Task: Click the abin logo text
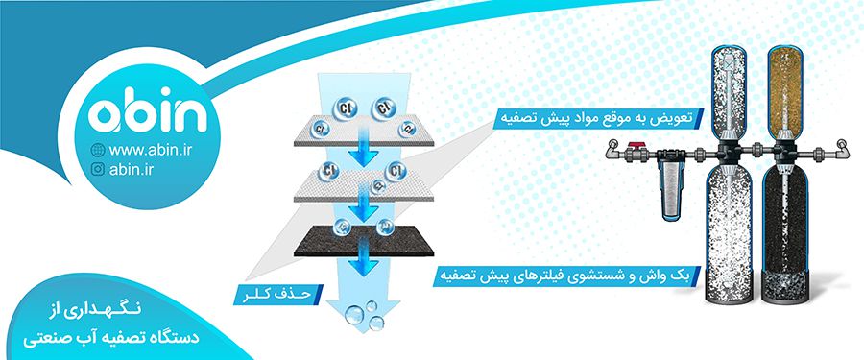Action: (x=148, y=114)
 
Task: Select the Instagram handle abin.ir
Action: (x=135, y=170)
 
